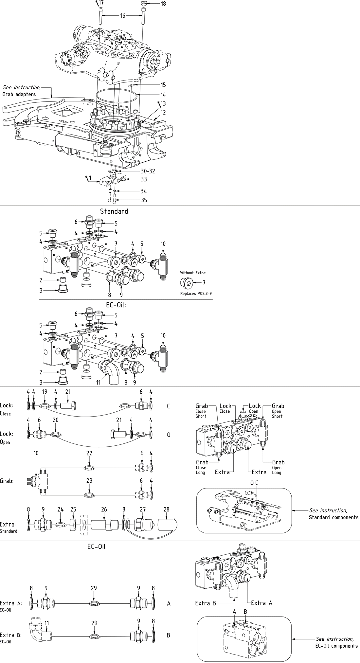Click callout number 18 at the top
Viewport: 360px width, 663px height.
click(163, 4)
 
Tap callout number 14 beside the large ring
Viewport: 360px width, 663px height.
click(163, 95)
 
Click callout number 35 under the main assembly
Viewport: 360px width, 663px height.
click(144, 200)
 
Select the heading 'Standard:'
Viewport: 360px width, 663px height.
click(115, 211)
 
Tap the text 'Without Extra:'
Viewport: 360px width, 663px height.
click(193, 273)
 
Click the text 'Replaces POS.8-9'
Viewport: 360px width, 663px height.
click(196, 293)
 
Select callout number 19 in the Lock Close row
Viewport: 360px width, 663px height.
click(45, 392)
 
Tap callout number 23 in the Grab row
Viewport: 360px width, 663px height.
click(89, 481)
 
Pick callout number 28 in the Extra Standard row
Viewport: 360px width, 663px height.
click(167, 510)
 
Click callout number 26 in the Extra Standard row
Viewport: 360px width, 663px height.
click(104, 510)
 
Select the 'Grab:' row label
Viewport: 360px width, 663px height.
click(7, 481)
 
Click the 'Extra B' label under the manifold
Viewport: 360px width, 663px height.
click(206, 603)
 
